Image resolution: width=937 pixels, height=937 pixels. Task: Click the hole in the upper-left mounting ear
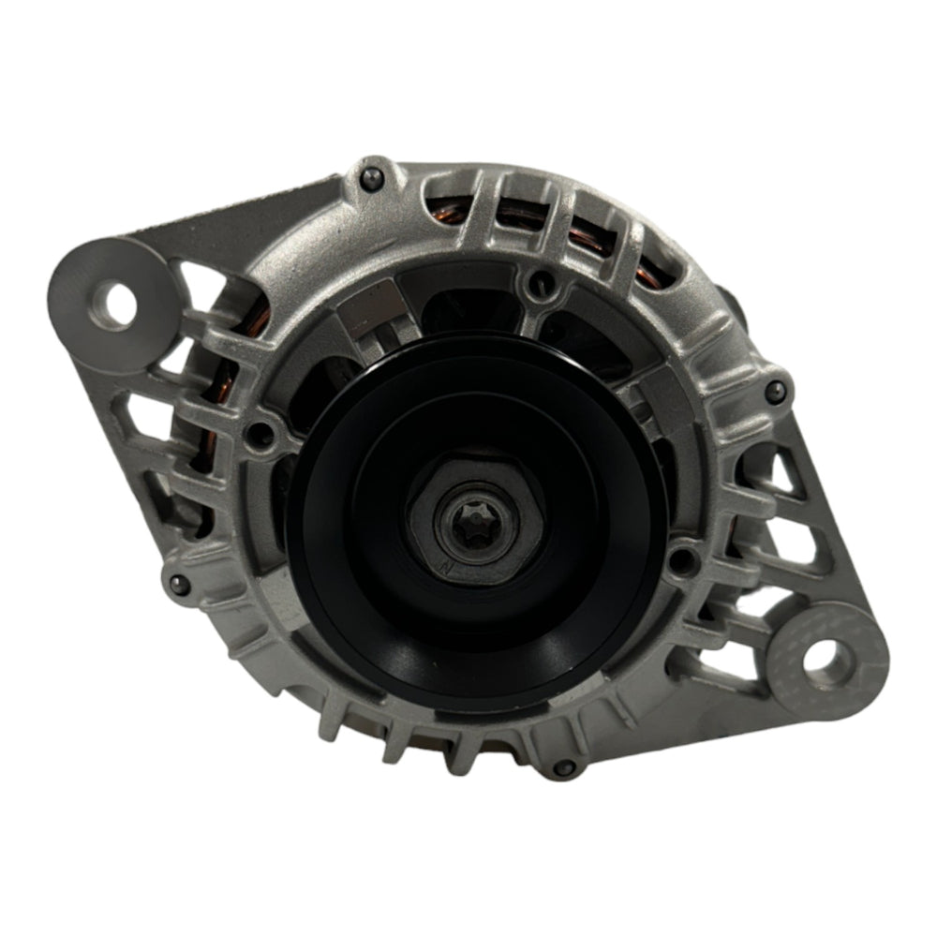119,302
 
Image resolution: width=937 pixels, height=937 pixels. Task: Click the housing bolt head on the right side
774,391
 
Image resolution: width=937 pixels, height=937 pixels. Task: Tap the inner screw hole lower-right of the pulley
681,561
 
